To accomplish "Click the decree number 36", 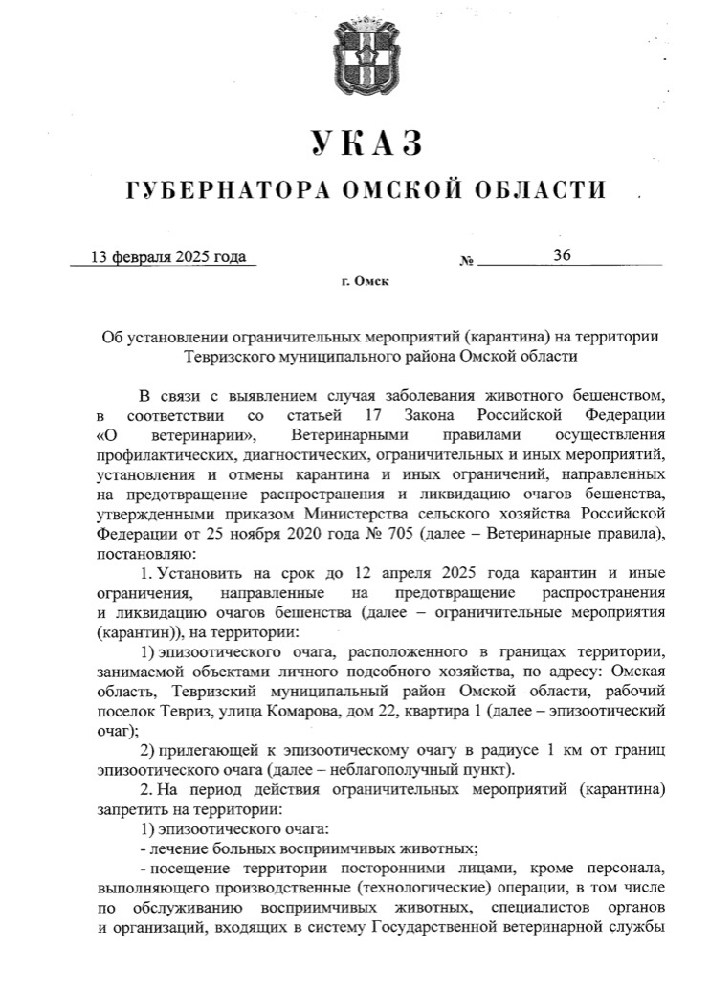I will [562, 254].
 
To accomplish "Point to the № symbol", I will [468, 260].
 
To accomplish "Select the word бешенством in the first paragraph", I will [607, 395].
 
